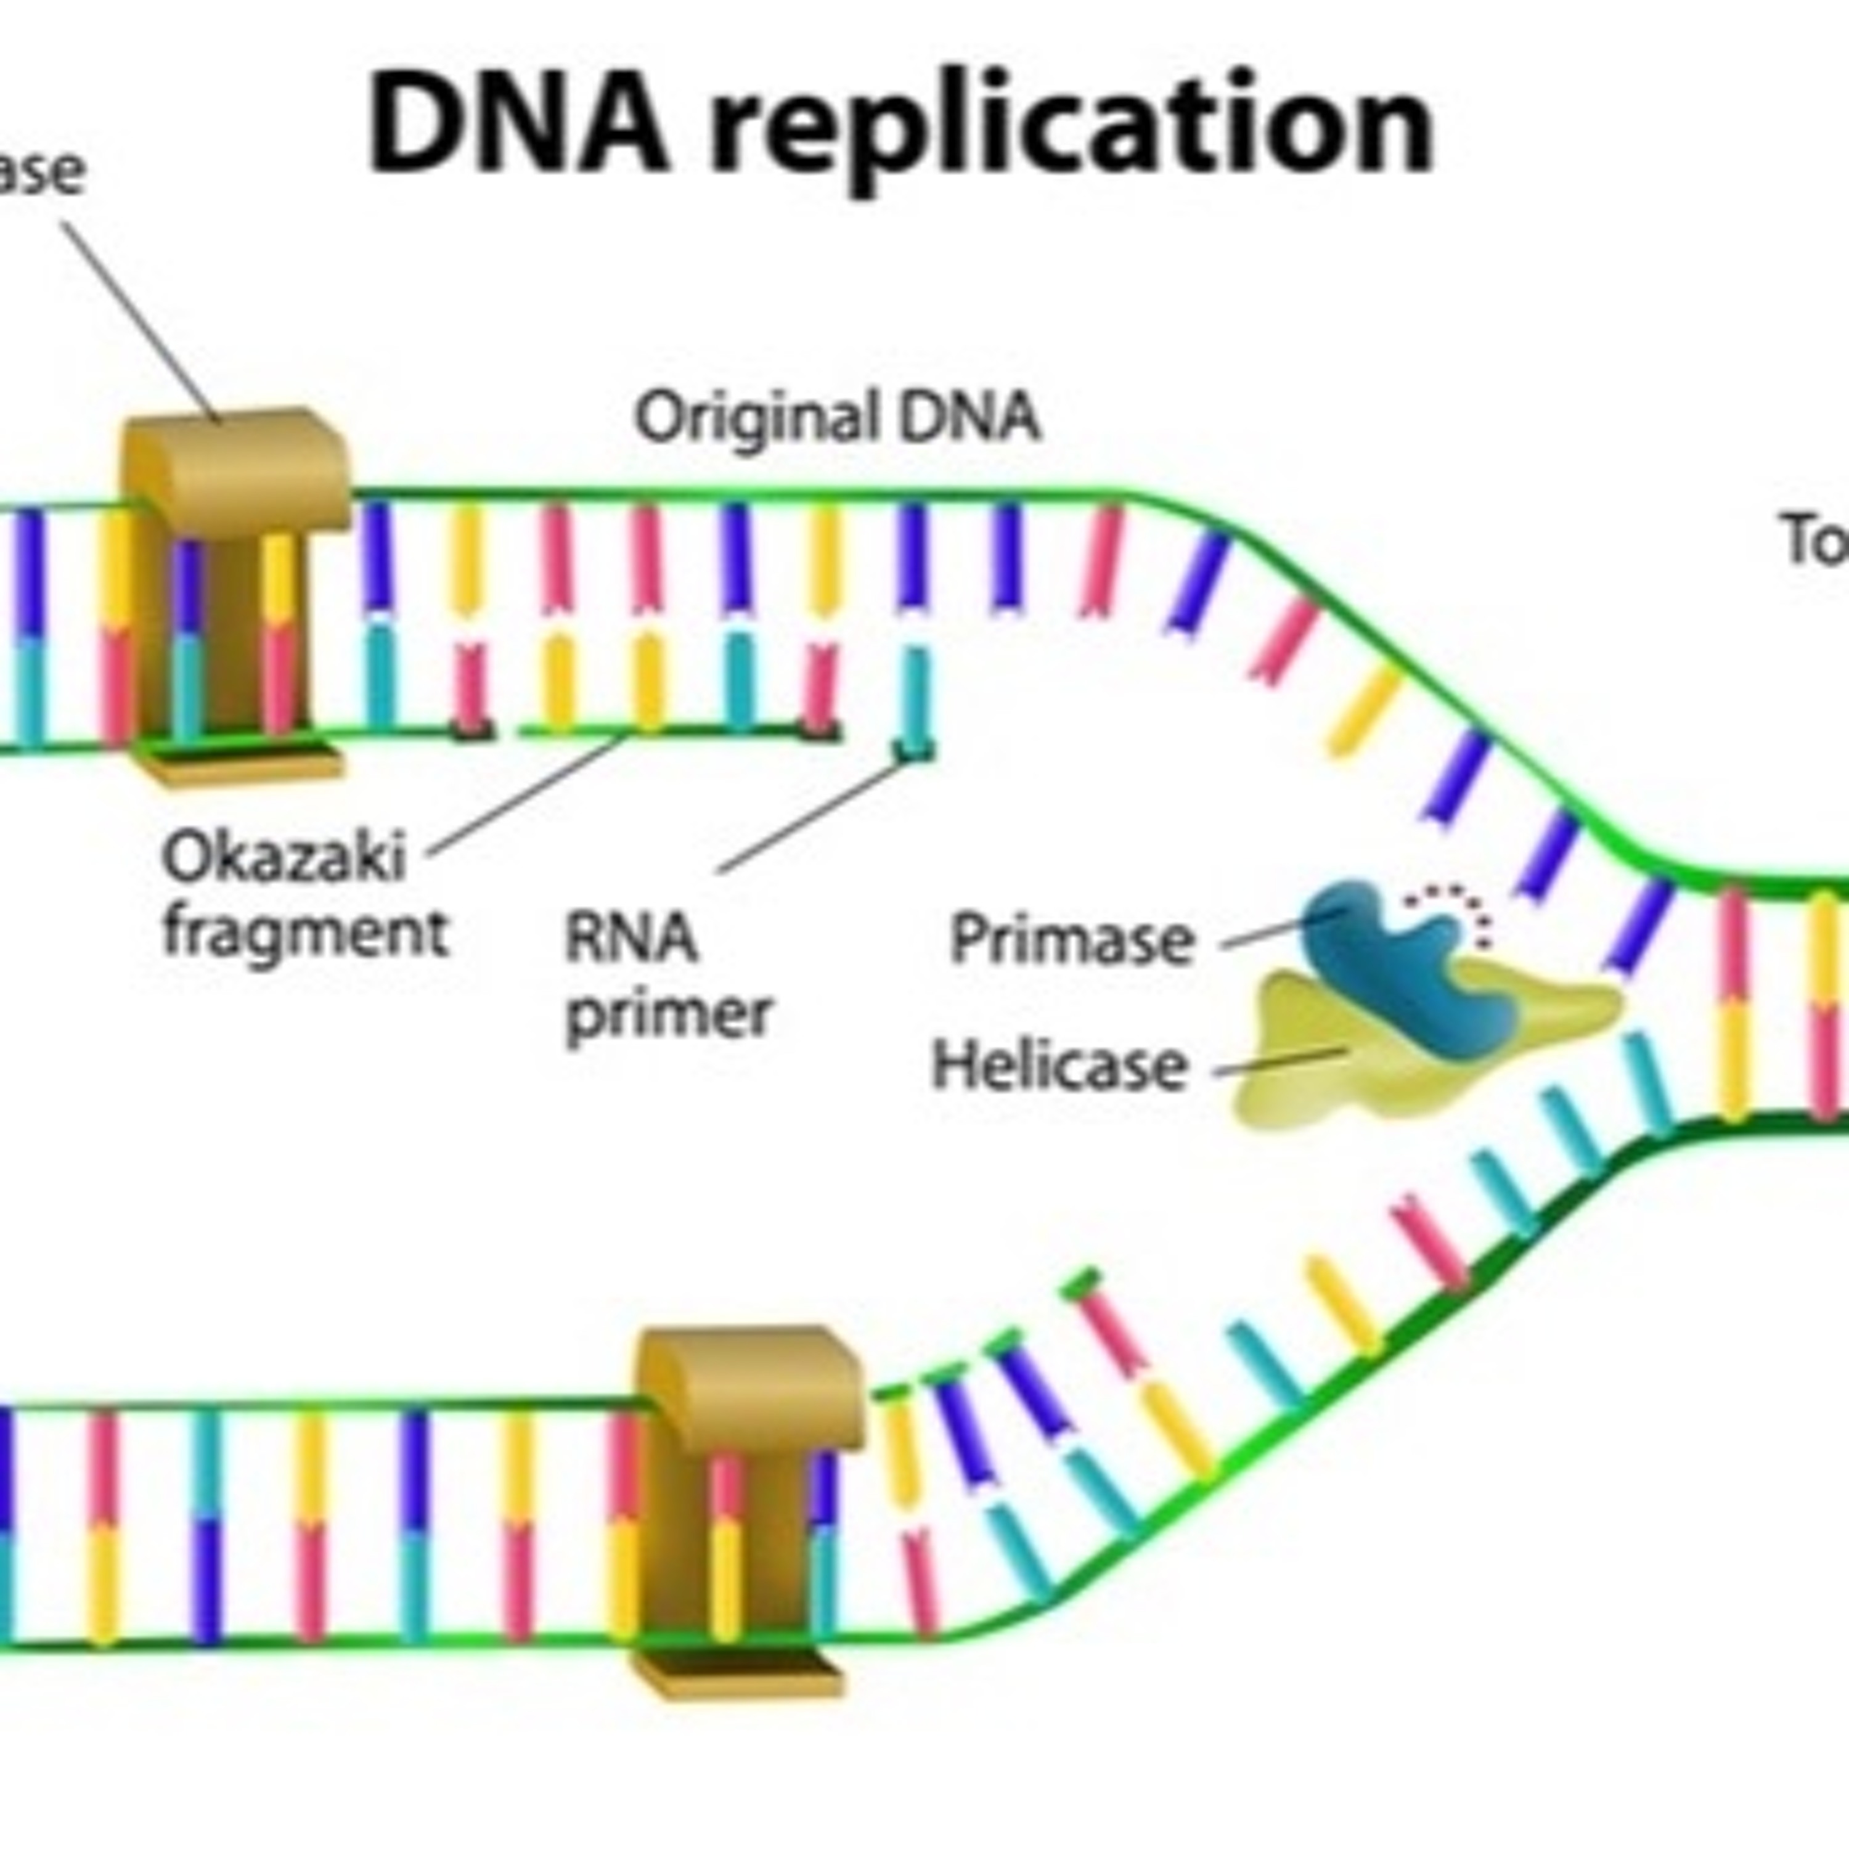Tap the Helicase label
(1059, 1064)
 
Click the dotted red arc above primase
(1450, 904)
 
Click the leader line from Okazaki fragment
(526, 794)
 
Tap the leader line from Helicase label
(1278, 1063)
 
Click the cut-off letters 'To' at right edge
(1814, 541)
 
